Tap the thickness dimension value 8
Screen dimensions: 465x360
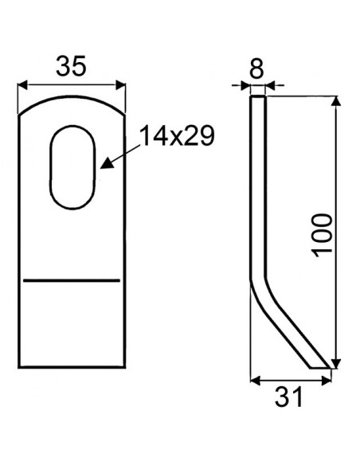[256, 68]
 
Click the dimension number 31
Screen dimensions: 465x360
[291, 397]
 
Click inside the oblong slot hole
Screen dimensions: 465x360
[74, 164]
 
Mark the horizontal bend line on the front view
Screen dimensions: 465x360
[72, 280]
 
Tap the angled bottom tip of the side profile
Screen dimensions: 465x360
[319, 366]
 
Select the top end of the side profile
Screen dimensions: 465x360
[258, 98]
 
